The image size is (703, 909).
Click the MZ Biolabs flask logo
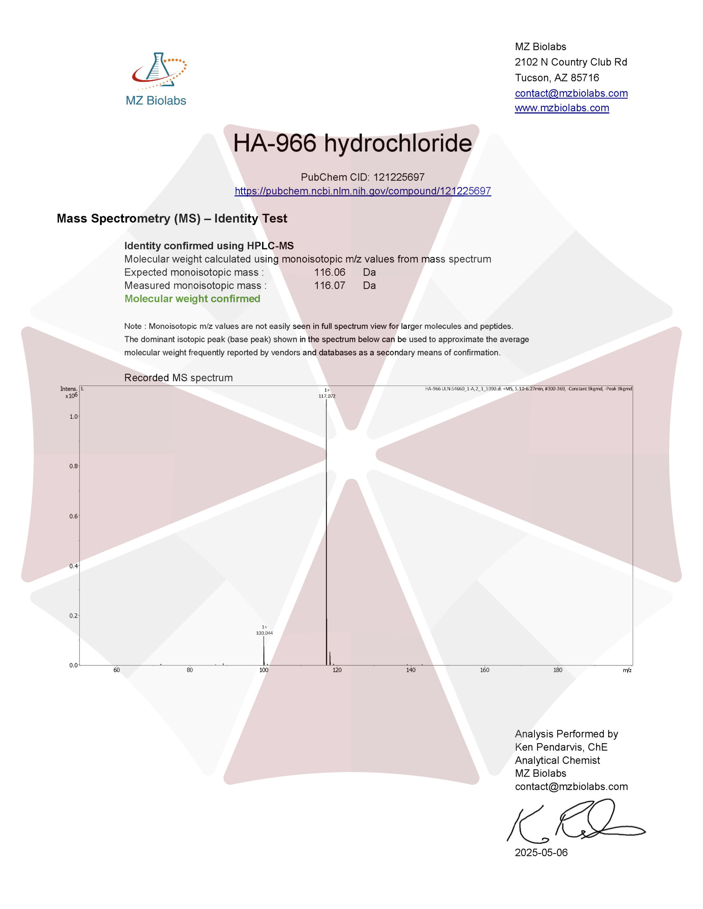coord(158,71)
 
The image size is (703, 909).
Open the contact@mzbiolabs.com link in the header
coord(571,93)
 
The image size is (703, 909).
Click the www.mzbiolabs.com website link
coord(562,108)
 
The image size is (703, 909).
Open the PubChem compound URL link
coord(363,191)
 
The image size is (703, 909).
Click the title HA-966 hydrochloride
coord(352,143)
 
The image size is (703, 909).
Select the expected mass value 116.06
coord(329,272)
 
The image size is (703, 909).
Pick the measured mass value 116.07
coord(329,285)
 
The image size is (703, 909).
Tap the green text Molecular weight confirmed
coord(193,299)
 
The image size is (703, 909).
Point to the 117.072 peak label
coord(327,396)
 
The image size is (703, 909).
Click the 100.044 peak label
coord(264,633)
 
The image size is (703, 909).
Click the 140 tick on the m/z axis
coord(411,670)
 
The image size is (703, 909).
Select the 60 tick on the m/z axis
coord(117,670)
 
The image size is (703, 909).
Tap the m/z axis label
coord(627,670)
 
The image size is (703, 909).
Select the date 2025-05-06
coord(541,853)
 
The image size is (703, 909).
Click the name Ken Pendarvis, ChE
coord(561,747)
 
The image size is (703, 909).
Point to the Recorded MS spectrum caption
coord(178,378)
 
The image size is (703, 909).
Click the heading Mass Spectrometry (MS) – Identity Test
coord(172,218)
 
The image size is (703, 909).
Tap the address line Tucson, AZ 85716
coord(557,78)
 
